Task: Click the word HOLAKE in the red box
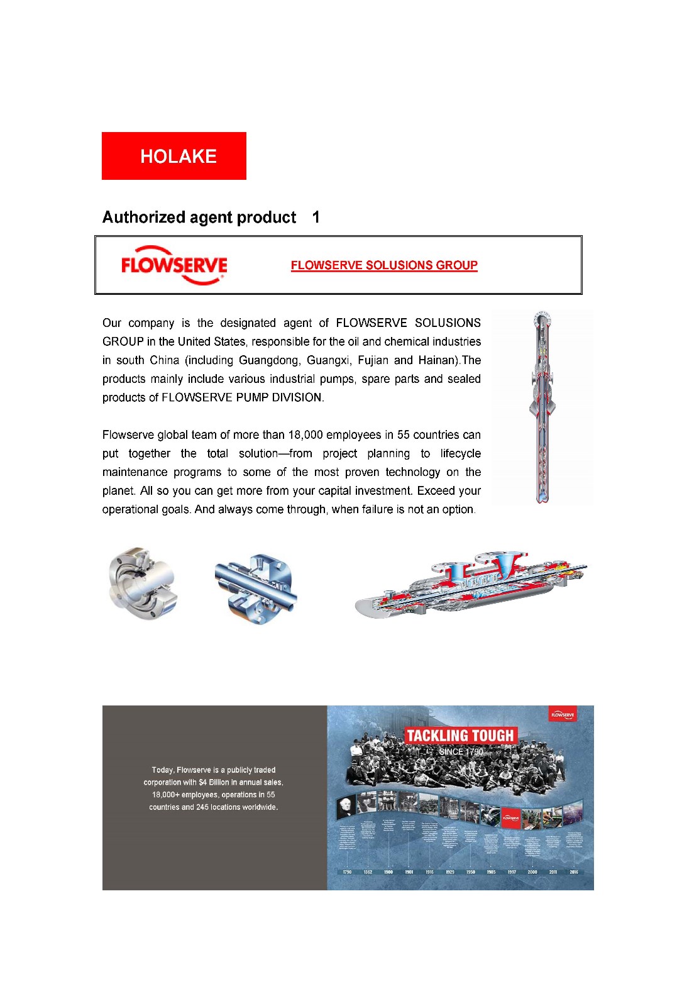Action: [x=179, y=157]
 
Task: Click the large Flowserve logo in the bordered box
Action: [x=174, y=265]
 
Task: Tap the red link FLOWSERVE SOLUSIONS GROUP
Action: [x=384, y=265]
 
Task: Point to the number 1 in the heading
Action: [x=316, y=218]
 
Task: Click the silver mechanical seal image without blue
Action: [x=143, y=583]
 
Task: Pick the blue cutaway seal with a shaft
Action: [x=255, y=589]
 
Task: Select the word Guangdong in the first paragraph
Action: [x=268, y=360]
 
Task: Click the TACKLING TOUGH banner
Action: [x=460, y=736]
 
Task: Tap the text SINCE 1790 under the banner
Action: [x=461, y=751]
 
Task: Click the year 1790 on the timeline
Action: [x=347, y=872]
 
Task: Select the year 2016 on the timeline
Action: [x=573, y=872]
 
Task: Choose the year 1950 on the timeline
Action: [x=470, y=872]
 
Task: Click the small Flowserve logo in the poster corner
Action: [x=563, y=715]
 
